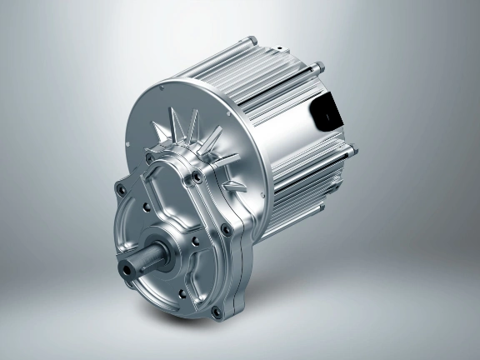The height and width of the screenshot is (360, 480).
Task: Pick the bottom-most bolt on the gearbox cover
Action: pyautogui.click(x=218, y=312)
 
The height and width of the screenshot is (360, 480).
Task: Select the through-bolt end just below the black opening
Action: pyautogui.click(x=351, y=150)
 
